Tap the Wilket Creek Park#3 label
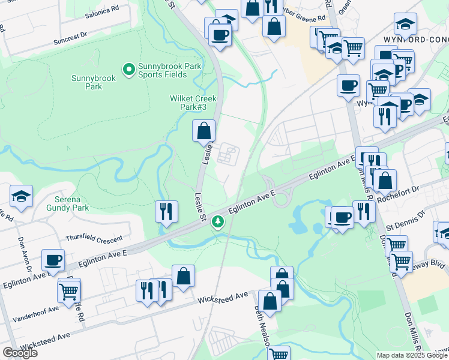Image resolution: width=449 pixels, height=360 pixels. (193, 103)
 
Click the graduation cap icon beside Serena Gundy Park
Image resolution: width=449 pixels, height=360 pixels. (21, 196)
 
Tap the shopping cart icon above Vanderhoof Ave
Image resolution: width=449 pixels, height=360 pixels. (69, 290)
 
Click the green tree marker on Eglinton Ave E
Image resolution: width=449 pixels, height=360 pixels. (217, 222)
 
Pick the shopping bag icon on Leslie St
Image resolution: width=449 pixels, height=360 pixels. (203, 130)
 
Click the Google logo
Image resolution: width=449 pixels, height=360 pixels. (20, 353)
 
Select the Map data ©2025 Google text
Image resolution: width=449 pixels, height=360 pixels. (412, 355)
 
